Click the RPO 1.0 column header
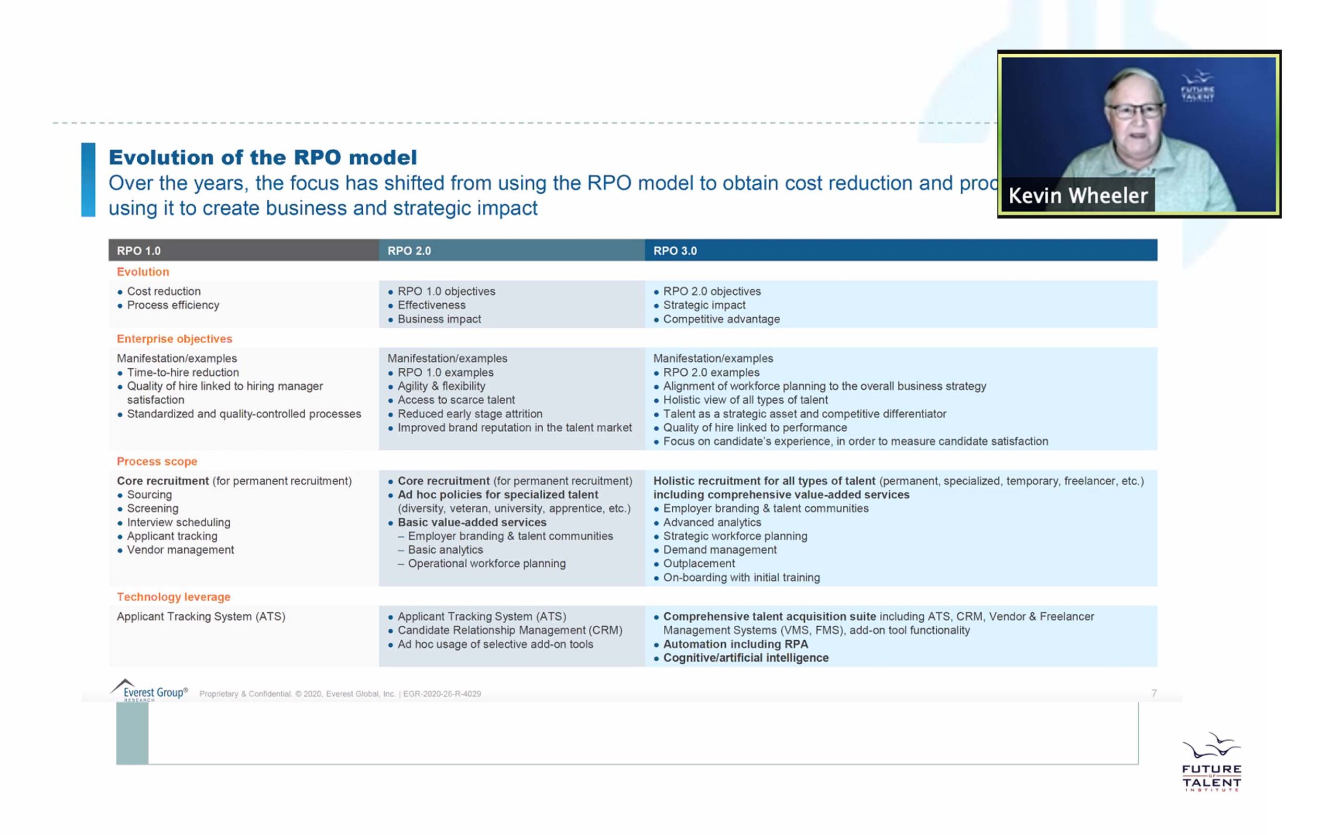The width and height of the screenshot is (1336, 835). [x=139, y=250]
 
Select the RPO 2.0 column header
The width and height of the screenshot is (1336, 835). [x=409, y=250]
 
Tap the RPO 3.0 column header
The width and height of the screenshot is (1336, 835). [x=675, y=250]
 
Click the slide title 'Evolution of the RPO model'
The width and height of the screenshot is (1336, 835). [x=263, y=158]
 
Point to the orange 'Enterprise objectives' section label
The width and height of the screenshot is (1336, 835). [x=174, y=339]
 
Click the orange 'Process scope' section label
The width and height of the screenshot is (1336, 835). [x=157, y=461]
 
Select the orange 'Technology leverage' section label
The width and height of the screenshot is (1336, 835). [x=173, y=597]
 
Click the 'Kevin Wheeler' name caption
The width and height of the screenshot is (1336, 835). [x=1078, y=196]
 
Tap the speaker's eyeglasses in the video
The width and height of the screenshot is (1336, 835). [x=1134, y=111]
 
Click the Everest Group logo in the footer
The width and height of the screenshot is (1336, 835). [x=149, y=691]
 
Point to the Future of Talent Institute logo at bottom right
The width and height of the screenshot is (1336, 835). [x=1211, y=763]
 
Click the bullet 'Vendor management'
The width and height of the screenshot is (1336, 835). [x=180, y=550]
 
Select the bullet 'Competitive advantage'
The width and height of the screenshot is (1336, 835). [x=721, y=319]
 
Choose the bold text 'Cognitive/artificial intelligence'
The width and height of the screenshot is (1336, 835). [x=745, y=658]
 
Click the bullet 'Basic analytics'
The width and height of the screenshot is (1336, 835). [x=445, y=550]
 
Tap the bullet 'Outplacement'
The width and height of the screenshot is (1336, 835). [x=699, y=563]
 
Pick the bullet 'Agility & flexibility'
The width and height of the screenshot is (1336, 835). [x=441, y=386]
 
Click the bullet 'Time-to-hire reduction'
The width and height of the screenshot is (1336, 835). [x=183, y=372]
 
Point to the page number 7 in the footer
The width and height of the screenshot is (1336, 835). [x=1154, y=693]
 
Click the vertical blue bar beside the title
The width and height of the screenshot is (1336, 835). [x=88, y=180]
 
